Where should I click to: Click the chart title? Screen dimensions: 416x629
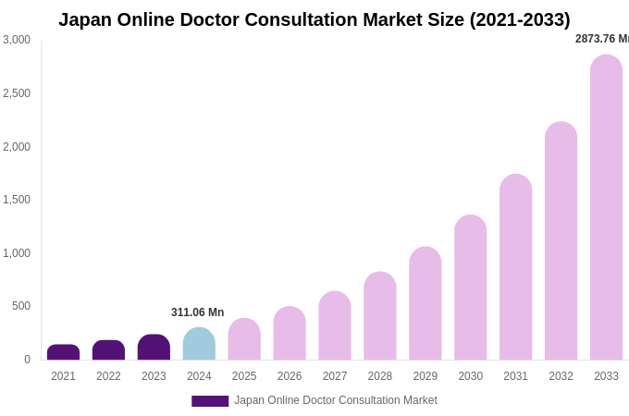click(314, 19)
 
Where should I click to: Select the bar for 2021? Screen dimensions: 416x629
click(64, 352)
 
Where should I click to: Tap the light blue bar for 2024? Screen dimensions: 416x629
click(199, 344)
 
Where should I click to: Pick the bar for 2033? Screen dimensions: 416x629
click(606, 208)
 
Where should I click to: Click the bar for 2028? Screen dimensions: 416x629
click(380, 316)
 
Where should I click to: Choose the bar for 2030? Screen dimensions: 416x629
click(471, 288)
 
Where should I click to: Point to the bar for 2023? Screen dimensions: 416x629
click(154, 348)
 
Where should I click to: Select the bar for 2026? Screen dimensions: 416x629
click(290, 334)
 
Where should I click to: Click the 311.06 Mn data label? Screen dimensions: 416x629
click(197, 312)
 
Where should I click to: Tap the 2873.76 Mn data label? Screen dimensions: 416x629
click(602, 39)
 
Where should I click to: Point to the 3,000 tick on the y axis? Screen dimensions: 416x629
click(17, 40)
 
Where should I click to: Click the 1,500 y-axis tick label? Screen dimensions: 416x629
click(17, 200)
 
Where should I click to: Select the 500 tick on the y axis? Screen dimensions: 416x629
click(20, 306)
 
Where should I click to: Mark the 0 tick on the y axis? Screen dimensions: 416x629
click(27, 360)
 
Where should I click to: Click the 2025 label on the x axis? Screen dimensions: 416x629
click(244, 376)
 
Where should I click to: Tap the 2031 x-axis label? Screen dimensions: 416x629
click(515, 376)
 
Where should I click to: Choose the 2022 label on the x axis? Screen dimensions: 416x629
click(108, 376)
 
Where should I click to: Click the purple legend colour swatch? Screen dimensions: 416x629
click(210, 401)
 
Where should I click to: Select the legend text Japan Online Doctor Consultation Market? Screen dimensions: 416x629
click(336, 400)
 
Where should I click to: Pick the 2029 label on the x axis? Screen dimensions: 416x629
click(425, 376)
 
